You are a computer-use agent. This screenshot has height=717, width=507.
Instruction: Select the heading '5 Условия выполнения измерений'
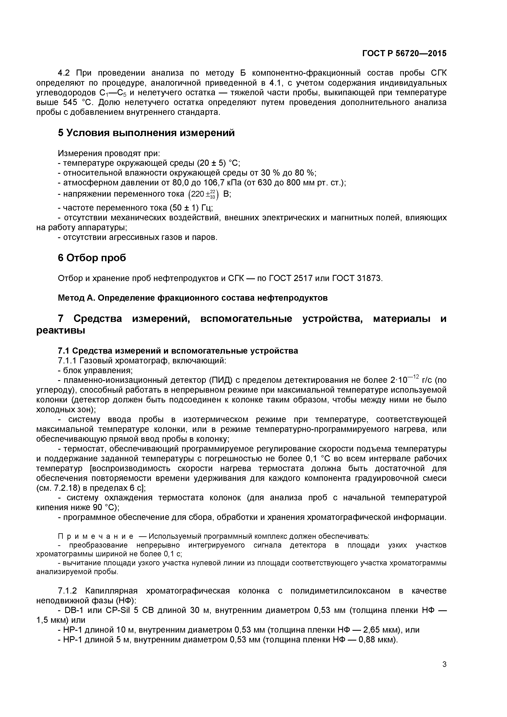[x=146, y=133]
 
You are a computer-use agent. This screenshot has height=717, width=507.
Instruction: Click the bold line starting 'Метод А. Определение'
[x=193, y=298]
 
